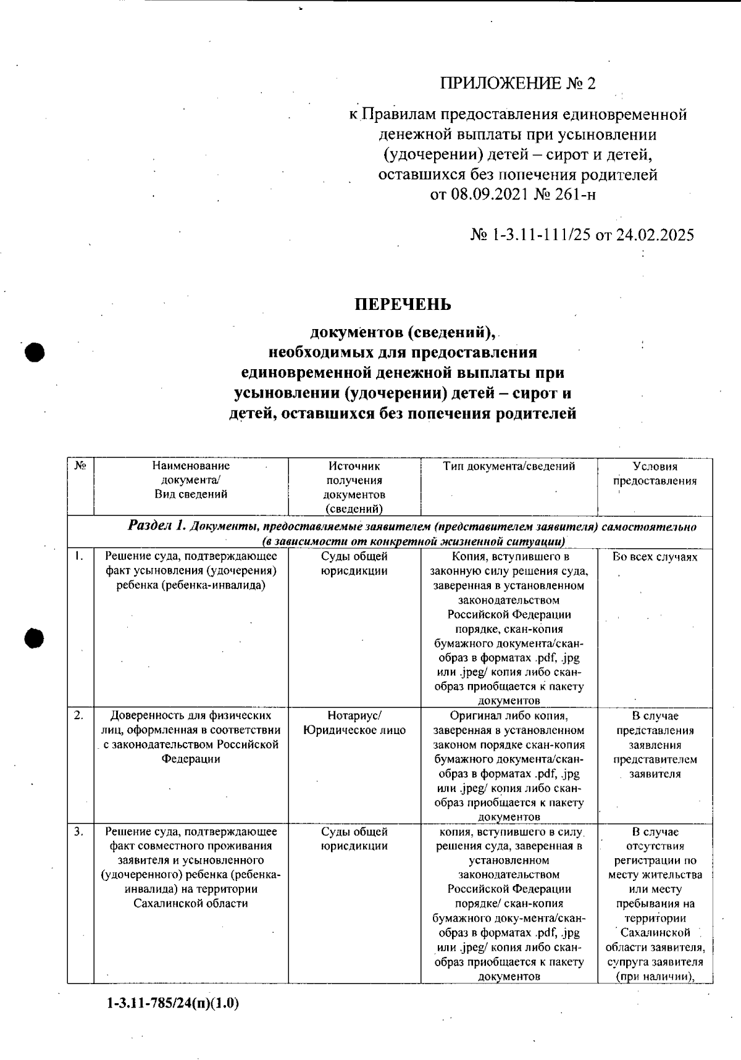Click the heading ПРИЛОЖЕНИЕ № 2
(517, 83)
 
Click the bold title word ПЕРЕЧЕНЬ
(402, 305)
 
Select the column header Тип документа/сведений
(509, 467)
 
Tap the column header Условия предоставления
(655, 474)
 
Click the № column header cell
(80, 467)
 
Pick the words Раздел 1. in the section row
(157, 527)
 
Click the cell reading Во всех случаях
(655, 557)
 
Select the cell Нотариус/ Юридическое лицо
(354, 723)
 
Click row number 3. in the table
(78, 832)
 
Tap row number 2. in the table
(78, 716)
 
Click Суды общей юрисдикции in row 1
(354, 564)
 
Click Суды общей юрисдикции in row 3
(354, 838)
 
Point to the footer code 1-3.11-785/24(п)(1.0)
(173, 1003)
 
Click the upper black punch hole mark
(35, 353)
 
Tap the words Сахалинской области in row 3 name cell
(190, 903)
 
